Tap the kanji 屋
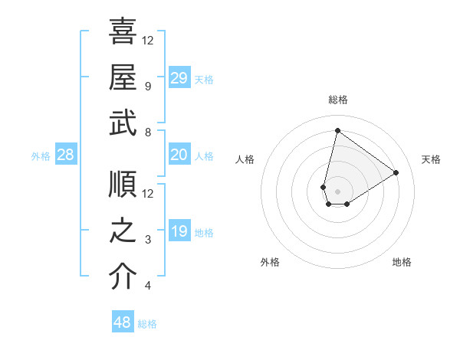[123, 77]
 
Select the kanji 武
[123, 124]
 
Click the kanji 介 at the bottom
[123, 277]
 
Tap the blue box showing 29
[179, 77]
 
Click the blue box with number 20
[179, 155]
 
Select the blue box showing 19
[179, 231]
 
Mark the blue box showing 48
[123, 322]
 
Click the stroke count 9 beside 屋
[147, 87]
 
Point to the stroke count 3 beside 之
[147, 241]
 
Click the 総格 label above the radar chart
[337, 100]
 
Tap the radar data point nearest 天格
[396, 172]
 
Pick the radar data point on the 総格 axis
[337, 131]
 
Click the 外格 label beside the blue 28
[41, 156]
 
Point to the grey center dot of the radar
[337, 190]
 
